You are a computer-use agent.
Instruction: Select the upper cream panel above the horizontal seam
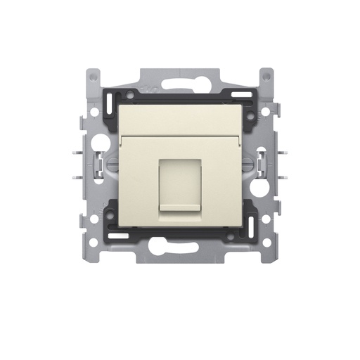tap(180, 116)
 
